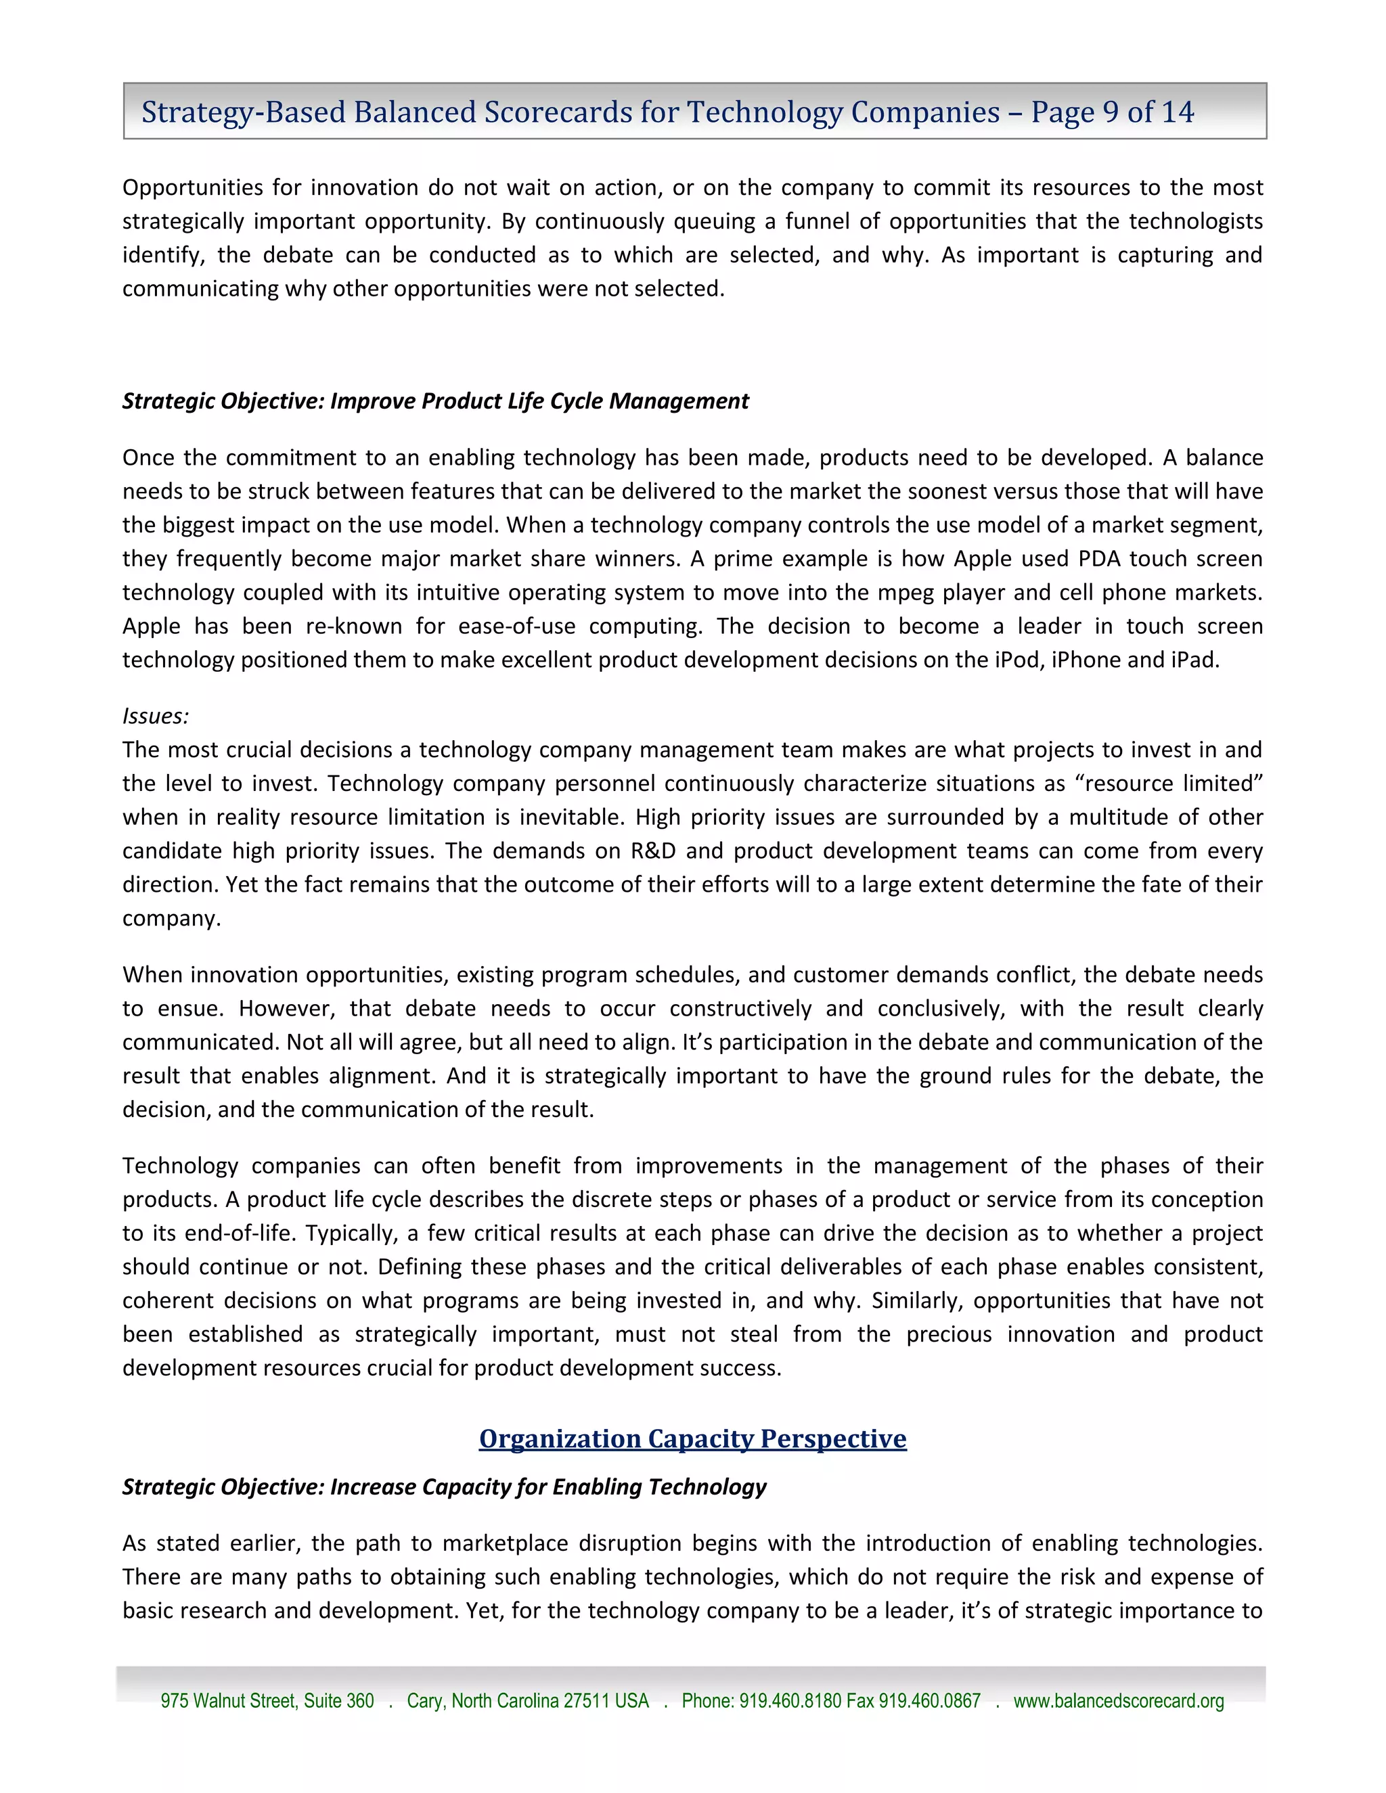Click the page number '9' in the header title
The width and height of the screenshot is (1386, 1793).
pos(1110,112)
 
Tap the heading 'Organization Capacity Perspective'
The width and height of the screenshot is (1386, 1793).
pos(692,1439)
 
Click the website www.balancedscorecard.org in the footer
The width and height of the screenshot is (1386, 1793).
pos(1118,1701)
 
